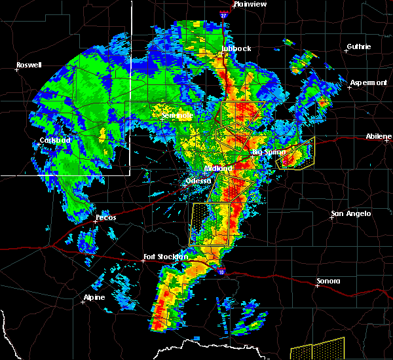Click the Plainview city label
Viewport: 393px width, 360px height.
[250, 4]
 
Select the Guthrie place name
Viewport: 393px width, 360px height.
[359, 46]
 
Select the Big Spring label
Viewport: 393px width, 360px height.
[269, 152]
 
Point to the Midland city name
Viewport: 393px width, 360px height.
[218, 168]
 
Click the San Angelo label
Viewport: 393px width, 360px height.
[351, 213]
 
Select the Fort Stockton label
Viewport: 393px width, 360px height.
[166, 257]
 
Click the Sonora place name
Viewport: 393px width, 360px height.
[328, 281]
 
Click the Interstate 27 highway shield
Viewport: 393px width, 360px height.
[223, 14]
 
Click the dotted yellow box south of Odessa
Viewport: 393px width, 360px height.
[210, 224]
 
